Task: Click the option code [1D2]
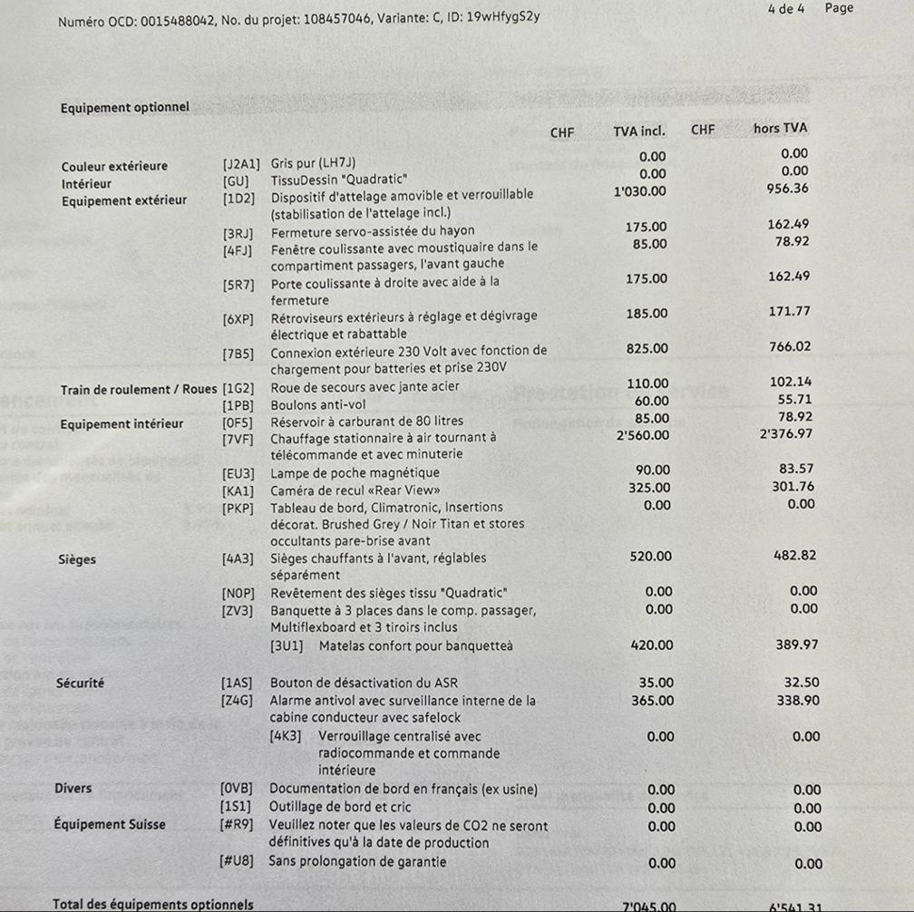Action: (x=240, y=195)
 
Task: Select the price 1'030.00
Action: (x=640, y=191)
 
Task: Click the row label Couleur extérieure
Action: (x=114, y=167)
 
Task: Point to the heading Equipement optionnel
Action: (x=125, y=108)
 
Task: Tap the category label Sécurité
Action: (x=80, y=683)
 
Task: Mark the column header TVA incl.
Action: (x=639, y=132)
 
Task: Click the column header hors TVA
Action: (x=780, y=129)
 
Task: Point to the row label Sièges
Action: (x=76, y=559)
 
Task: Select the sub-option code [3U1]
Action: (x=287, y=645)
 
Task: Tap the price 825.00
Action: (x=647, y=348)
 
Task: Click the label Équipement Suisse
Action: (x=113, y=825)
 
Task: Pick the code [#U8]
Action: (x=238, y=861)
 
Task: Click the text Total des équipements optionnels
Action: (x=153, y=905)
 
